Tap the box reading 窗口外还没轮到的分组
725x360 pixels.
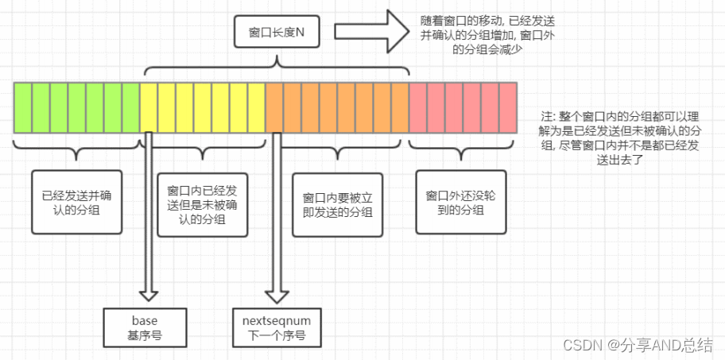460,200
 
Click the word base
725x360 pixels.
145,320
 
